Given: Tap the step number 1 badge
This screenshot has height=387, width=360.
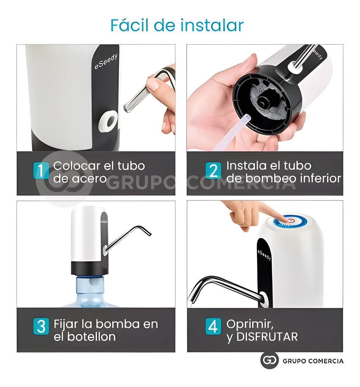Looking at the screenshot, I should coord(41,171).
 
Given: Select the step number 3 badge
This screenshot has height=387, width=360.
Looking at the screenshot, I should coord(41,326).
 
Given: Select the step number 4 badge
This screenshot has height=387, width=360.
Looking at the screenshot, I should coord(213,326).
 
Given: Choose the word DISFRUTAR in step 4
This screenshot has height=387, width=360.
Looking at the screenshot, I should coord(267,336).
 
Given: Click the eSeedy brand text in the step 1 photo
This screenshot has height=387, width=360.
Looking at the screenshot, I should coord(106,62).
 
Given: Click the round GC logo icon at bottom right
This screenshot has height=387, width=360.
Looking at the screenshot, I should coord(269,361).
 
